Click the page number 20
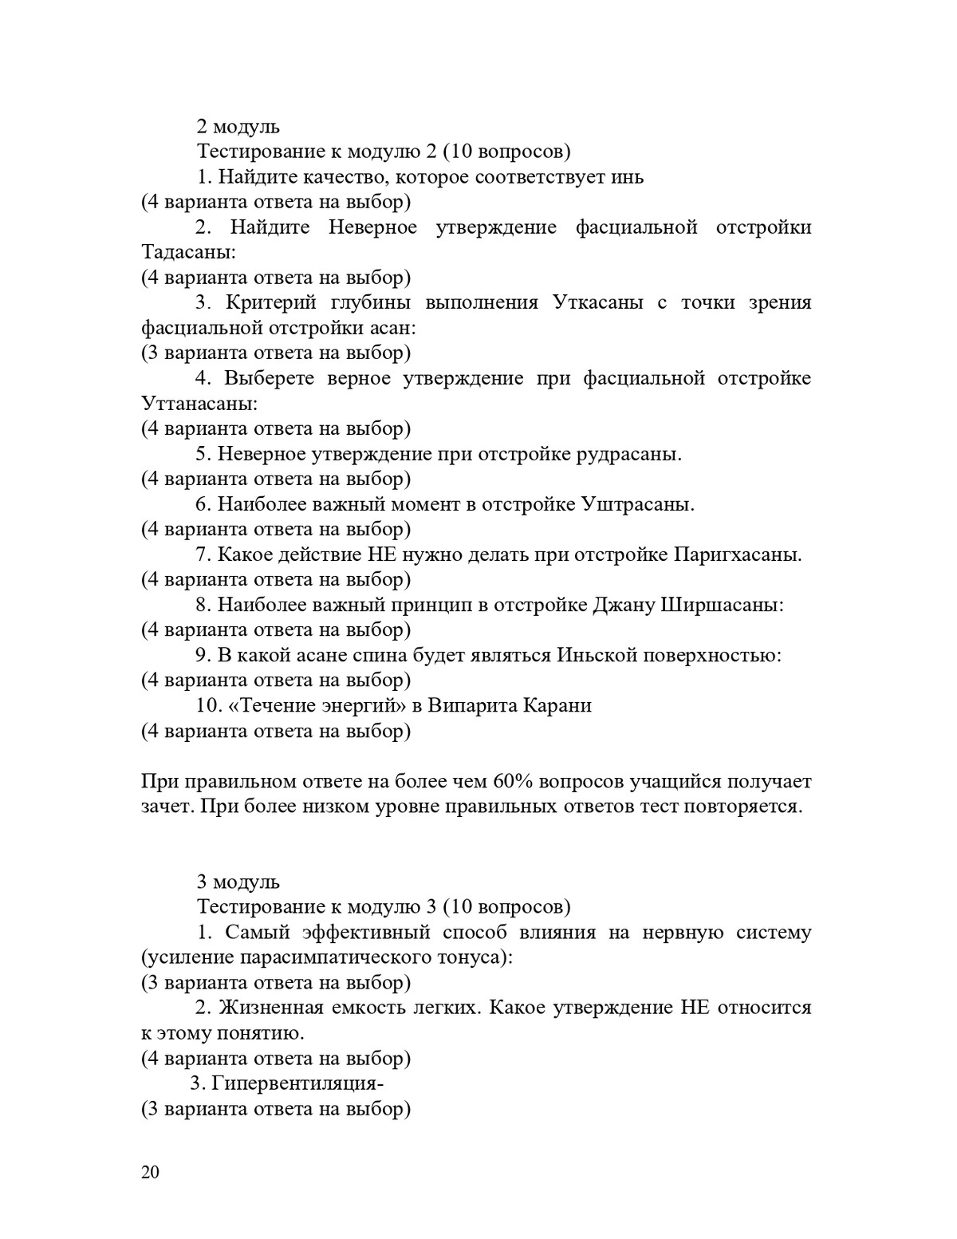click(150, 1172)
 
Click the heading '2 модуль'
click(238, 126)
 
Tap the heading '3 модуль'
click(238, 882)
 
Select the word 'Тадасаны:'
click(188, 252)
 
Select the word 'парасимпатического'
click(317, 957)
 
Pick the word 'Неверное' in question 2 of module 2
click(372, 227)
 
